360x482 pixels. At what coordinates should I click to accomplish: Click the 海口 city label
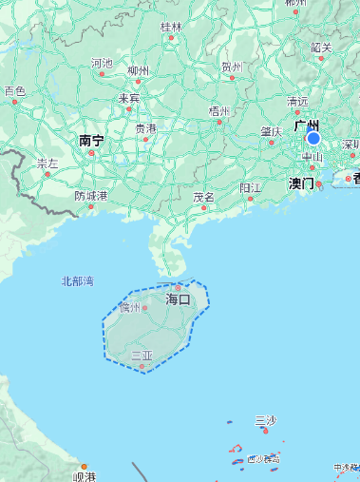(x=179, y=299)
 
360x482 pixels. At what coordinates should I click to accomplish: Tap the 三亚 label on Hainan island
(x=142, y=356)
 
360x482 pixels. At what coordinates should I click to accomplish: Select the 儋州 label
(x=130, y=307)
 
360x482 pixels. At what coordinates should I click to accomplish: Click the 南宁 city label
(x=91, y=141)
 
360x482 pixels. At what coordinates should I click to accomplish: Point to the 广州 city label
(x=307, y=125)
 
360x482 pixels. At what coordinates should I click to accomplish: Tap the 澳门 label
(x=301, y=183)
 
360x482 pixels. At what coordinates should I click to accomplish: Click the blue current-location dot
(x=313, y=138)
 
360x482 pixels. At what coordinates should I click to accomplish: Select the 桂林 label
(x=171, y=27)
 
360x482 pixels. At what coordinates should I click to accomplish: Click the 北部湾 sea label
(x=78, y=281)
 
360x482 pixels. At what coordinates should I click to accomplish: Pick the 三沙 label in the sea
(x=266, y=420)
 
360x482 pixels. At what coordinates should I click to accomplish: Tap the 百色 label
(x=14, y=91)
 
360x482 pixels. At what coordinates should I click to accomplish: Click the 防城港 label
(x=91, y=196)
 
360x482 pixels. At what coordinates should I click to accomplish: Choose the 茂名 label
(x=203, y=197)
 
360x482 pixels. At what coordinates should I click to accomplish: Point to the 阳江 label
(x=250, y=188)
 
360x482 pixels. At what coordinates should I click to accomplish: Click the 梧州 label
(x=220, y=111)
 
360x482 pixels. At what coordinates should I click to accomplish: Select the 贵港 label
(x=145, y=128)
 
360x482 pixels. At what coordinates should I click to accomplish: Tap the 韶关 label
(x=321, y=47)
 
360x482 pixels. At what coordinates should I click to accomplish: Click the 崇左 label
(x=47, y=164)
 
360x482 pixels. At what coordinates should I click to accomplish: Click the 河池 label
(x=102, y=64)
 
